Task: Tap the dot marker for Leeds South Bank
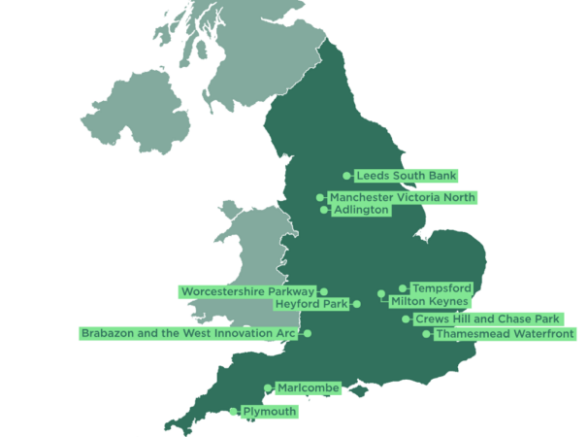point(347,176)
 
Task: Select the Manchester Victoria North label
point(403,198)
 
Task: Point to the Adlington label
point(360,210)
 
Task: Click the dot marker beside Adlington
point(324,210)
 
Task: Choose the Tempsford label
point(441,288)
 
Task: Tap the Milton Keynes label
point(430,302)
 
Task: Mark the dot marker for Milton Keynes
point(381,294)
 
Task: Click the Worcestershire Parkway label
point(247,291)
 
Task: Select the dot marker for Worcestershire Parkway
point(324,291)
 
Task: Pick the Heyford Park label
point(310,304)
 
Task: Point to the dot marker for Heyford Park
point(357,304)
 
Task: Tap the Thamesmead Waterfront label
point(505,334)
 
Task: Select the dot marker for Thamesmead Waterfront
point(426,334)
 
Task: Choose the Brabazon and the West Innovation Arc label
point(188,333)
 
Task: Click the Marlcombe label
point(308,388)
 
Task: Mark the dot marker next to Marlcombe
point(268,388)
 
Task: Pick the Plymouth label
point(269,412)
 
